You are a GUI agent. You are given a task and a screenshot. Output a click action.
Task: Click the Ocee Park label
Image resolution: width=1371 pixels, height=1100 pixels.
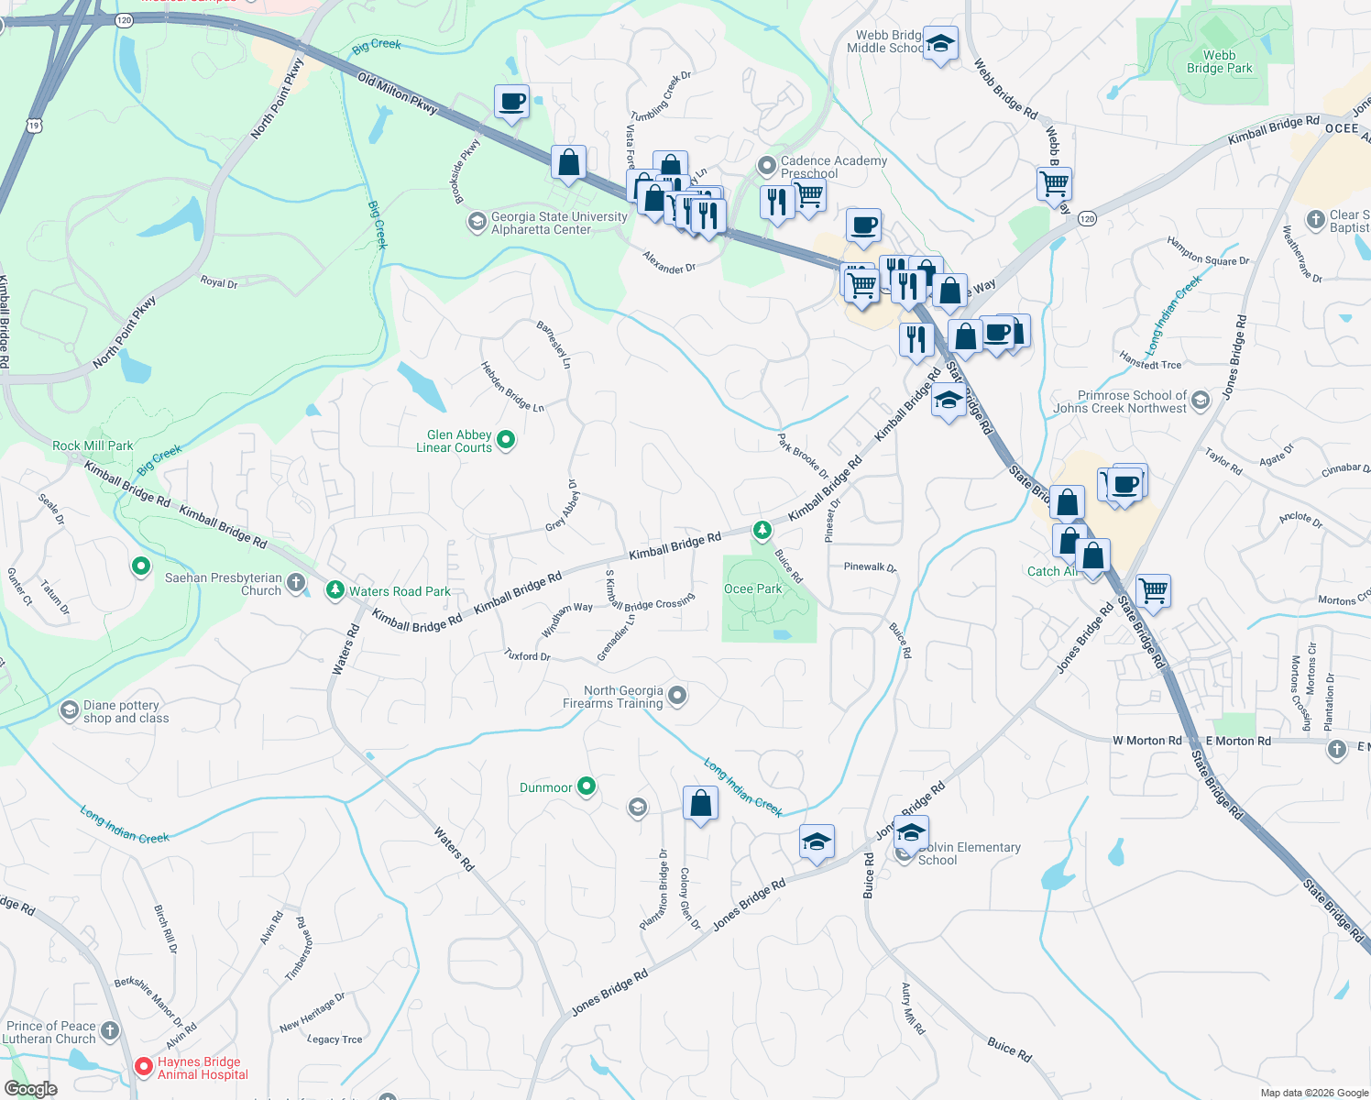tap(753, 589)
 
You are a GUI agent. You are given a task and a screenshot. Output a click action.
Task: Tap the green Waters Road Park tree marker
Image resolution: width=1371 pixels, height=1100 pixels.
tap(335, 589)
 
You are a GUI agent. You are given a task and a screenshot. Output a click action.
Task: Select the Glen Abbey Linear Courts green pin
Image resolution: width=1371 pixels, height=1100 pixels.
tap(505, 441)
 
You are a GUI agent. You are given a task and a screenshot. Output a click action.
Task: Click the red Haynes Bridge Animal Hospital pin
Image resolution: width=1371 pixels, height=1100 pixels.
tap(144, 1066)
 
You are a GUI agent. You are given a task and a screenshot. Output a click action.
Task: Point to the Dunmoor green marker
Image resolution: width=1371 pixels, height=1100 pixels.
tap(587, 786)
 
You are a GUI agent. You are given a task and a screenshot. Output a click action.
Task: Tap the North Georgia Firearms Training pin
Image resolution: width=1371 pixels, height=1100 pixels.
tap(677, 696)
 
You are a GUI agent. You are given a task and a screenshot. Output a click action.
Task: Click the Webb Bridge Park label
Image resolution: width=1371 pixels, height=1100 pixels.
tap(1219, 61)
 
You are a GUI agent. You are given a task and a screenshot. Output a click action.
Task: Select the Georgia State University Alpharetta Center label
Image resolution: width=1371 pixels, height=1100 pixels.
tap(559, 223)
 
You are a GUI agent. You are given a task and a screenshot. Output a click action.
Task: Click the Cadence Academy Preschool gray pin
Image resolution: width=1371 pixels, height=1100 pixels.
tap(766, 166)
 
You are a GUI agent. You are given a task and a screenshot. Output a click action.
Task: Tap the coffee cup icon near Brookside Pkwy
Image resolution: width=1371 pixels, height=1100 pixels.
tap(511, 101)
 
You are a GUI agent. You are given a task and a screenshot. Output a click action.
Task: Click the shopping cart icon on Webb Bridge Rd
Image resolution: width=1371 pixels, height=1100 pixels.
tap(1054, 182)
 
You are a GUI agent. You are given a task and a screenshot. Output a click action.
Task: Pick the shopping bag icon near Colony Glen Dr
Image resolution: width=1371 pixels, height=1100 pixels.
tap(700, 803)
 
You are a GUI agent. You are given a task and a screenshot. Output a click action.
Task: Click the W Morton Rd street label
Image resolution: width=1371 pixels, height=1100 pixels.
tap(1146, 741)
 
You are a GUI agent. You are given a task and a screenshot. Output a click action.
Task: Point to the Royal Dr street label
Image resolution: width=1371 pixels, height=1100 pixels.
tap(219, 282)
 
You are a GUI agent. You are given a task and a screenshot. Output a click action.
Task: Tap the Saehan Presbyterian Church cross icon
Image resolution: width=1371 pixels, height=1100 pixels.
tap(296, 582)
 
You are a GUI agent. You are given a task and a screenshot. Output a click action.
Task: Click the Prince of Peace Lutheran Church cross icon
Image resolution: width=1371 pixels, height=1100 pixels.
tap(110, 1031)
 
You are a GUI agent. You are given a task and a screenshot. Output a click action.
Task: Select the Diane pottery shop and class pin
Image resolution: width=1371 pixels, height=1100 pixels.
tap(70, 710)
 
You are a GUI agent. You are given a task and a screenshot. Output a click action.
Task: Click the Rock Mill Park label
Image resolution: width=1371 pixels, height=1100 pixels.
tap(93, 445)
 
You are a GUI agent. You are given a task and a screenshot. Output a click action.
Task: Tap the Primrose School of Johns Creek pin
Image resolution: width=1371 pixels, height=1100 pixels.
tap(1201, 401)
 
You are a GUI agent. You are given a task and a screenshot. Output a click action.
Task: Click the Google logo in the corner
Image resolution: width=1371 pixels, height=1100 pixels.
tap(30, 1089)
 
